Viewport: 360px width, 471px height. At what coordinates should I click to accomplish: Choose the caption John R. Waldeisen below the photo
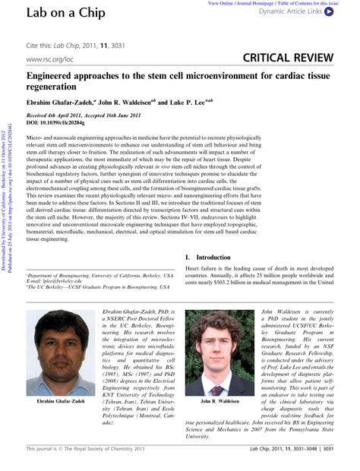[219, 402]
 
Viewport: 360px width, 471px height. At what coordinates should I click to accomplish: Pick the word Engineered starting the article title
[51, 77]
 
